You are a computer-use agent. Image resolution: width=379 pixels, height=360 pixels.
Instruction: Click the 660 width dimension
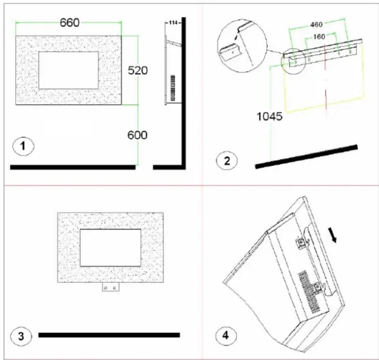point(69,23)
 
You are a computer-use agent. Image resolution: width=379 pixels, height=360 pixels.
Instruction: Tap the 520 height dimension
point(138,70)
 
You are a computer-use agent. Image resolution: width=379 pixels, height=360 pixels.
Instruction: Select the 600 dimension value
point(137,135)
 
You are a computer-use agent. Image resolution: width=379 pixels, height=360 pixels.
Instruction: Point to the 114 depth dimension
point(173,23)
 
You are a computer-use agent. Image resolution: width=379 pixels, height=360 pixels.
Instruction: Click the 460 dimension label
point(316,24)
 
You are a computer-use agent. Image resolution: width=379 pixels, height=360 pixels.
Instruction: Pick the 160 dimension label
point(319,37)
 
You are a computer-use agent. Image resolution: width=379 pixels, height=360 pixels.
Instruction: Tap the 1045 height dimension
point(269,116)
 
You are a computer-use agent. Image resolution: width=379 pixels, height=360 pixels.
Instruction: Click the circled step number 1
point(23,146)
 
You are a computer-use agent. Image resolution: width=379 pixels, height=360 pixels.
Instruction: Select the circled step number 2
point(226,161)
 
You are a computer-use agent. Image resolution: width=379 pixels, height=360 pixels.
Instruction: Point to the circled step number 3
point(21,336)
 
